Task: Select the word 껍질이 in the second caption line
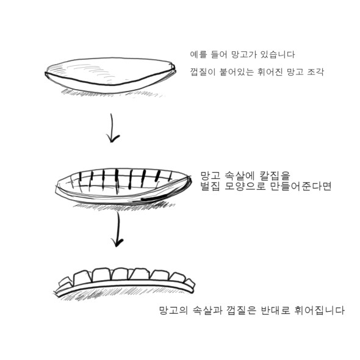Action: pos(203,72)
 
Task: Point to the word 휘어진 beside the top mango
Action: pos(270,72)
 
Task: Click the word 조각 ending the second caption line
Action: pos(315,72)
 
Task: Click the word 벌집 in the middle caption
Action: pos(210,186)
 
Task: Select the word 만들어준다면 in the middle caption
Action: pos(301,186)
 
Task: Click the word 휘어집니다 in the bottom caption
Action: pos(319,311)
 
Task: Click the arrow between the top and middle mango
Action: pos(112,128)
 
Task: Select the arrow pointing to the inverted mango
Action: pos(118,229)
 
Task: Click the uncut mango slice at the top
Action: pos(110,75)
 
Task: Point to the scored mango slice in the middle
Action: pos(123,186)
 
